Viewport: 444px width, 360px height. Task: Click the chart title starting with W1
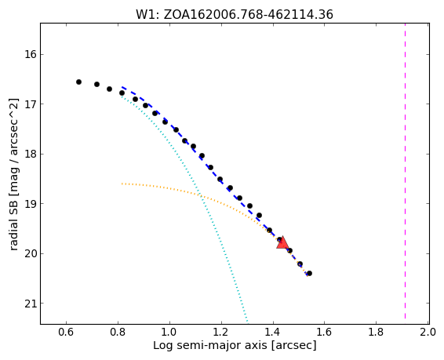click(235, 15)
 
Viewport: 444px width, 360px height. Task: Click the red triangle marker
click(282, 243)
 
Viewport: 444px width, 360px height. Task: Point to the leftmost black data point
click(78, 82)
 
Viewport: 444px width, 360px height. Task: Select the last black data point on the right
click(310, 274)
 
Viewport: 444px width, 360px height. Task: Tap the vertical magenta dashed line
click(405, 173)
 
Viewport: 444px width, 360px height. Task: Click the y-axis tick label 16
click(31, 54)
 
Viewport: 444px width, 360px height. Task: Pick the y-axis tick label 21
click(31, 304)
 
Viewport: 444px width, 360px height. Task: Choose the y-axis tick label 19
click(31, 204)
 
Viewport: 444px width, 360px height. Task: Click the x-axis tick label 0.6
click(66, 332)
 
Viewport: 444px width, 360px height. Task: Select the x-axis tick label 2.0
click(428, 332)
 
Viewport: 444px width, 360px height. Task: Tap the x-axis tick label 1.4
click(273, 332)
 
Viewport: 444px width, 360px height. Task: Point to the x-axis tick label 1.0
click(169, 332)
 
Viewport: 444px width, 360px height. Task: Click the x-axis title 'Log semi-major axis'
click(210, 346)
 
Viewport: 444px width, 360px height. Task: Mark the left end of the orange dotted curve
click(122, 184)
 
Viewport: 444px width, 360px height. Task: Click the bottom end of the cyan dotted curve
click(247, 322)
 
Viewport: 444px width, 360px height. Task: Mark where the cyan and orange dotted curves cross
click(201, 195)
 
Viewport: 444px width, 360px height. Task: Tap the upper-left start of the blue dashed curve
click(122, 87)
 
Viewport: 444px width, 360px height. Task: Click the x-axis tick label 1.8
click(376, 332)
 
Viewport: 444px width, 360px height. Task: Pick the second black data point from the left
click(96, 85)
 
